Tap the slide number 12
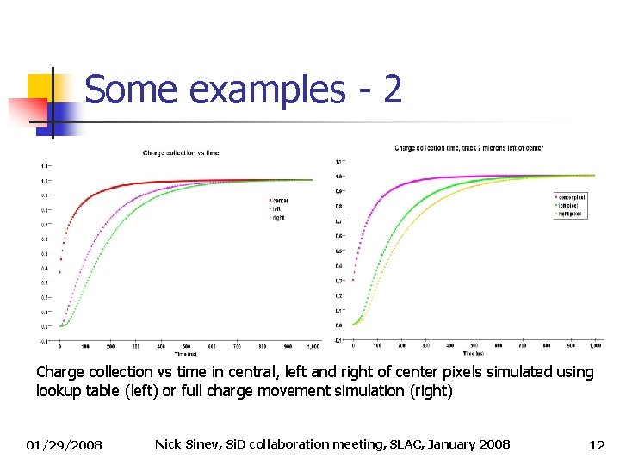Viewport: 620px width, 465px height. tap(597, 445)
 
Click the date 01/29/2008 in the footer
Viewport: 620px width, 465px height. tap(64, 445)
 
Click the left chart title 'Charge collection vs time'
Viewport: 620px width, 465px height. tap(181, 153)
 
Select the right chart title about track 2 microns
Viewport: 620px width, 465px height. tap(468, 148)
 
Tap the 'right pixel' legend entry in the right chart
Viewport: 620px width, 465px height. tap(570, 213)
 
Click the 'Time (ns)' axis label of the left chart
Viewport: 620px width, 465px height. tap(184, 354)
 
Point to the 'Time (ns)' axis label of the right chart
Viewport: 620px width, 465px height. tap(471, 353)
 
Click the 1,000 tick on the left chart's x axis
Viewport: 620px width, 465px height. tap(313, 346)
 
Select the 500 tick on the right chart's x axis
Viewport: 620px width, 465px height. tap(473, 345)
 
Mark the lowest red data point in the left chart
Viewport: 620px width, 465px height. tap(59, 272)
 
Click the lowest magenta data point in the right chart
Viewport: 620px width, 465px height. tap(353, 280)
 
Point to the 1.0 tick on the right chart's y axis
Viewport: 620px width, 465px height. tap(338, 177)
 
